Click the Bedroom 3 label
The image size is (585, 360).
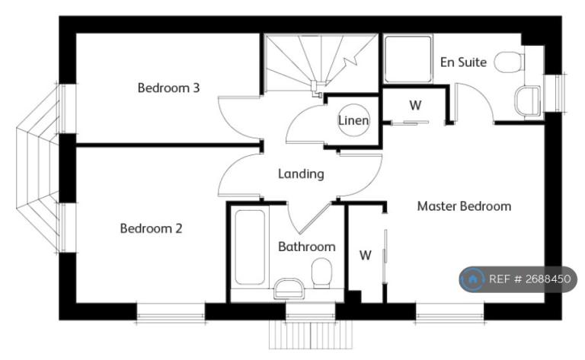(x=168, y=88)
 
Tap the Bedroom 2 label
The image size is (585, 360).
(x=151, y=228)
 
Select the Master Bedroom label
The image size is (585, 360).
(x=464, y=205)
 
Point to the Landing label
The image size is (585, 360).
(x=300, y=174)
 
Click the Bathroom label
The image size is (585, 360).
(x=306, y=247)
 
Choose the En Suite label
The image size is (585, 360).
(x=463, y=62)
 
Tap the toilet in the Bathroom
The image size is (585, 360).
(x=322, y=272)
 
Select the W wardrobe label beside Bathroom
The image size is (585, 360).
(x=365, y=255)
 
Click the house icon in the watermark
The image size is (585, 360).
(x=472, y=279)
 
